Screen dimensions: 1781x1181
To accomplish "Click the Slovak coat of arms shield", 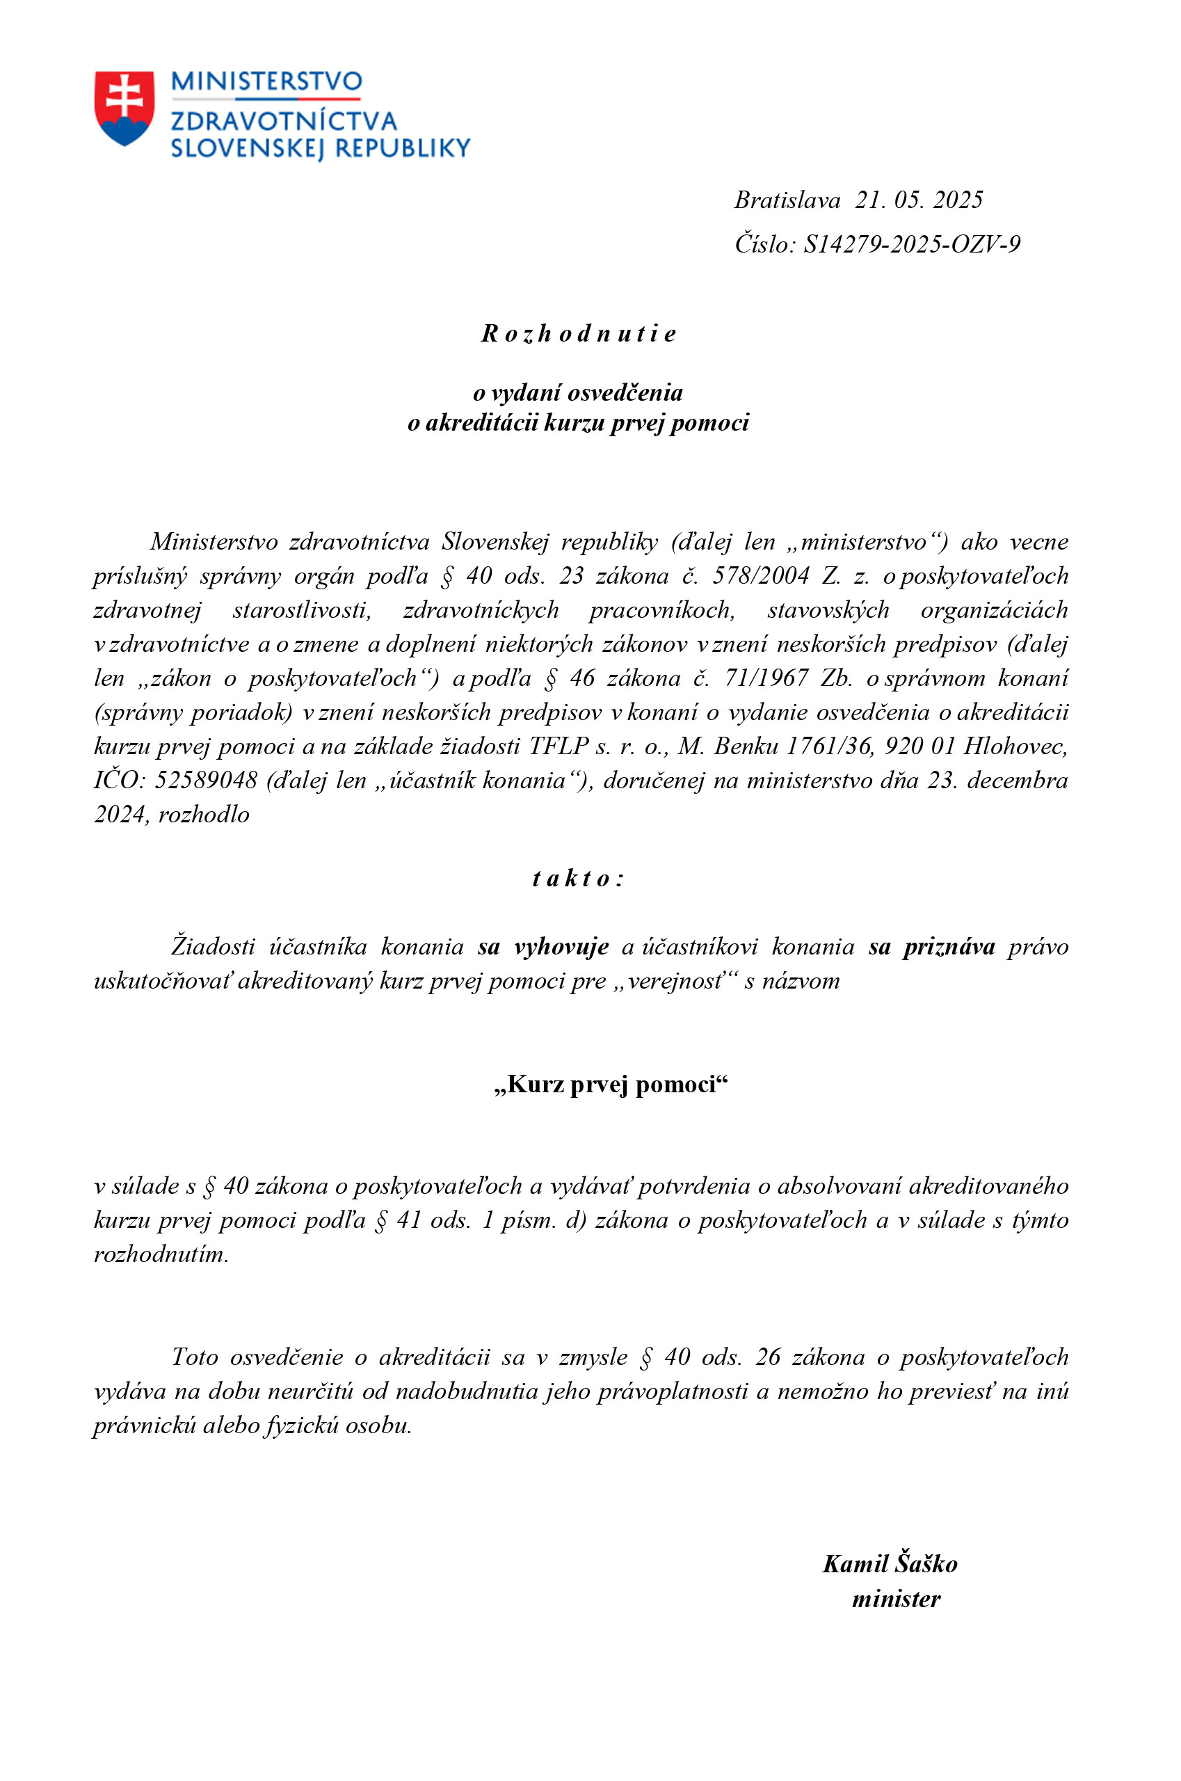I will point(124,107).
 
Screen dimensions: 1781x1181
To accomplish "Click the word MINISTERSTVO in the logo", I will point(266,81).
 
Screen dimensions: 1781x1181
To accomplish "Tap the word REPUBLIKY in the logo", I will point(403,147).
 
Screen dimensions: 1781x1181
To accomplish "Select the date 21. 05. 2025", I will point(918,200).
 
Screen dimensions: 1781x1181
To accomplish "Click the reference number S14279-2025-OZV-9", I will point(911,244).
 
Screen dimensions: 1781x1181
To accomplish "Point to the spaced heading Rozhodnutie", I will point(579,333).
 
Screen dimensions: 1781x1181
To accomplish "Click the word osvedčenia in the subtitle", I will point(625,392).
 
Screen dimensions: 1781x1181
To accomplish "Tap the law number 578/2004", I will point(761,575).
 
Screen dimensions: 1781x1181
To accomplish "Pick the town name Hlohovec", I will point(1015,746).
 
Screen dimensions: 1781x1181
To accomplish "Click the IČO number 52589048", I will point(206,780).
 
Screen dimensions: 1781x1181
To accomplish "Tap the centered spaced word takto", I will point(578,879).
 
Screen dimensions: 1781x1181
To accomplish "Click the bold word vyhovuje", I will point(561,946).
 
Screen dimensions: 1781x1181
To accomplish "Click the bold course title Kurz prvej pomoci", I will point(611,1084).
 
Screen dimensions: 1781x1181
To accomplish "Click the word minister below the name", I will point(896,1599).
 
